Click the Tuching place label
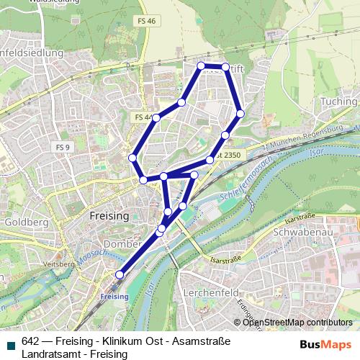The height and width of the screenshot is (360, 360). (x=338, y=102)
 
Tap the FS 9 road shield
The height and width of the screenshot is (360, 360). (x=63, y=147)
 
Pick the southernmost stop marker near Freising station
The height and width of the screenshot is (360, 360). (x=120, y=274)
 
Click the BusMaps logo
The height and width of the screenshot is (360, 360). (x=324, y=344)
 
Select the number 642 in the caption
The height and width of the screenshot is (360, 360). (x=30, y=341)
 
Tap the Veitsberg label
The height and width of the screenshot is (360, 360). (x=60, y=264)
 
